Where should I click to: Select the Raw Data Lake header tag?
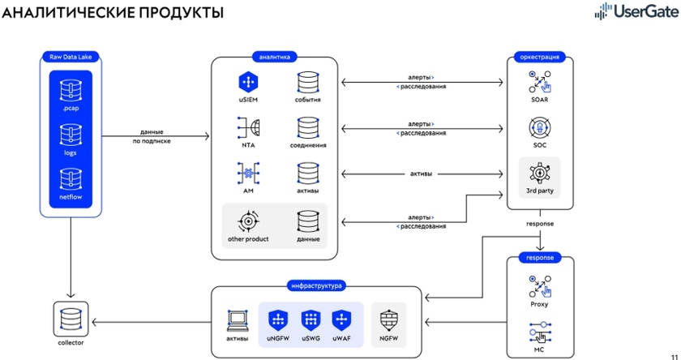(71, 57)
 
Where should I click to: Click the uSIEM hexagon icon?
(248, 83)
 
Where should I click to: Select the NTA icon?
(248, 127)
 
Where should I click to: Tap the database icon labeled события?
(307, 83)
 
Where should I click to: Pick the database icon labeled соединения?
(307, 127)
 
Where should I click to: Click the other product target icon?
(248, 221)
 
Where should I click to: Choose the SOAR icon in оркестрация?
(540, 82)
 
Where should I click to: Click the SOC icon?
(540, 128)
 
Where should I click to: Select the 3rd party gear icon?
(540, 174)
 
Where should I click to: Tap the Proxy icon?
(540, 286)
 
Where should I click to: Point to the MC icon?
(540, 332)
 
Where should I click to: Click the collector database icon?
(71, 318)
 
